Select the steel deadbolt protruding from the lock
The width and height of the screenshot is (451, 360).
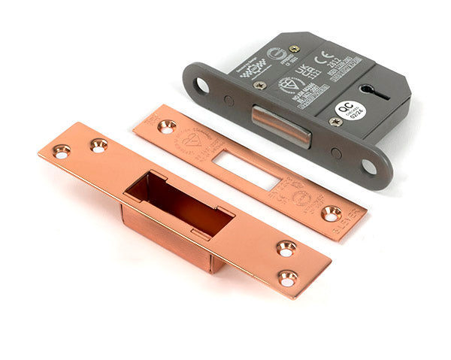click(x=280, y=125)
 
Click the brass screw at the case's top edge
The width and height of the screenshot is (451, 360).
click(x=294, y=49)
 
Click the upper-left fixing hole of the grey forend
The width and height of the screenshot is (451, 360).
click(x=201, y=85)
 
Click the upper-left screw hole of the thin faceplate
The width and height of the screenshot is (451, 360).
click(x=166, y=126)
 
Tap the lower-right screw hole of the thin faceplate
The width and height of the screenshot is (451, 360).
click(x=331, y=213)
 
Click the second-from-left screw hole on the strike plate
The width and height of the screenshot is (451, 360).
click(x=98, y=145)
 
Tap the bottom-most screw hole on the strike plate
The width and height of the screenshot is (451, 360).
click(x=286, y=277)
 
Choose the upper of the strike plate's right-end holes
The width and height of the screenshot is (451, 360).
click(x=286, y=248)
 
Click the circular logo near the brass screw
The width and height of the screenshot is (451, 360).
click(x=275, y=53)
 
